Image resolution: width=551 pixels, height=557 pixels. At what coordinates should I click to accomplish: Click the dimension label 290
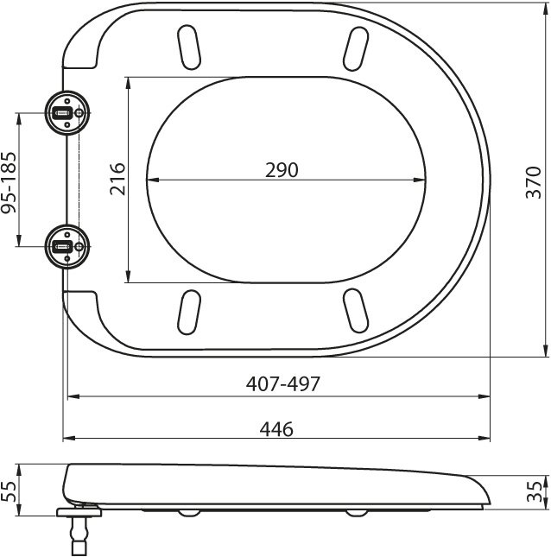pyautogui.click(x=282, y=170)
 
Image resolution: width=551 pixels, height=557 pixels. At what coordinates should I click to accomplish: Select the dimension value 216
pyautogui.click(x=119, y=179)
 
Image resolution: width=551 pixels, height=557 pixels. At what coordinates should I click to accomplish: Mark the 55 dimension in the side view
pyautogui.click(x=10, y=491)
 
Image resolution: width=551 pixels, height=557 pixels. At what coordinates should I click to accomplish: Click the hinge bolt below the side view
pyautogui.click(x=79, y=531)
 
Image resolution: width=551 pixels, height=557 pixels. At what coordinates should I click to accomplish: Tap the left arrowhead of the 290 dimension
pyautogui.click(x=153, y=180)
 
